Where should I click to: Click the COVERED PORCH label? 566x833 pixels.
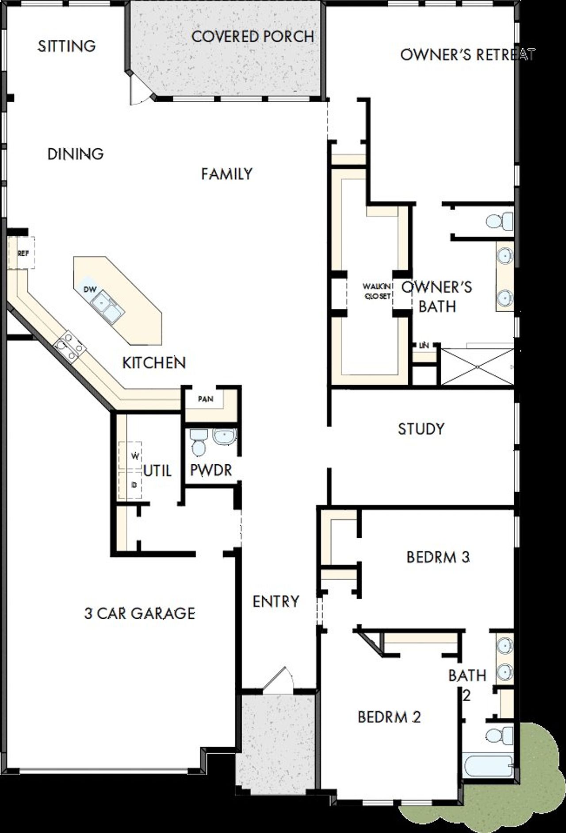point(252,36)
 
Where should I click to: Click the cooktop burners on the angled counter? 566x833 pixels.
point(70,346)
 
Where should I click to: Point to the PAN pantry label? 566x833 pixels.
point(206,399)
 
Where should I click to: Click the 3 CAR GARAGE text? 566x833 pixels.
point(140,613)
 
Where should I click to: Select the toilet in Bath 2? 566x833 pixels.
point(499,735)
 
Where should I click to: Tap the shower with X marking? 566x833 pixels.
point(478,366)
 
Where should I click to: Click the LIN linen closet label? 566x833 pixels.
point(424,346)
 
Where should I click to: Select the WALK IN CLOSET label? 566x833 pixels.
point(377,292)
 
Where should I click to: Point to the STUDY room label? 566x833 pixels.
point(421,429)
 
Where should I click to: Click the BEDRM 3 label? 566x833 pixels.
point(438,557)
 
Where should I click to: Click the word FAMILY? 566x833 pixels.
point(226,174)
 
